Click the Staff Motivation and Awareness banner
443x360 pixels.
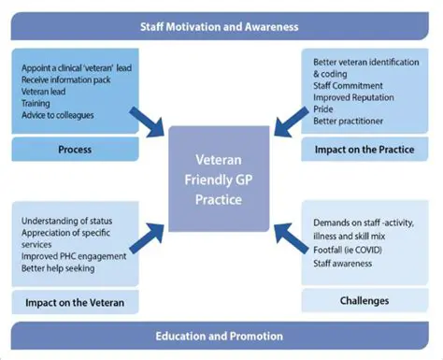pos(221,26)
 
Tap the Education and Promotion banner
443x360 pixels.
pos(221,336)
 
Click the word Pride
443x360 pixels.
pos(324,109)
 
